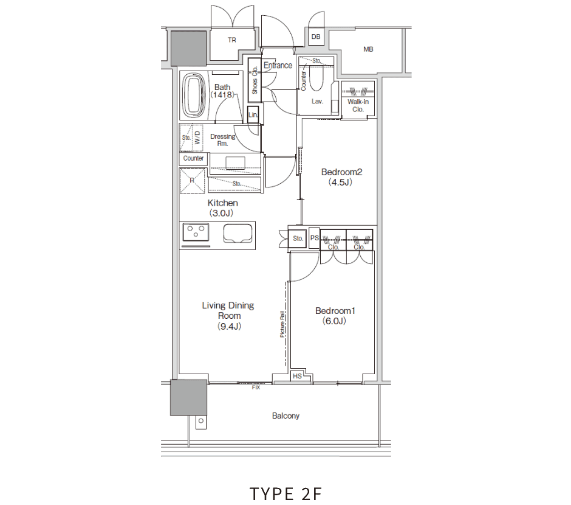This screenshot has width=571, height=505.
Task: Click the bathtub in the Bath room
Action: [194, 95]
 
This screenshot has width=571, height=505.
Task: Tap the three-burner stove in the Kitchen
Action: [196, 232]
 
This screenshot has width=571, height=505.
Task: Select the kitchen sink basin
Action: [238, 233]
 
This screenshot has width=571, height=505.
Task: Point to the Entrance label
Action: [278, 65]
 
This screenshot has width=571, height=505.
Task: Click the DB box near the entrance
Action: [316, 37]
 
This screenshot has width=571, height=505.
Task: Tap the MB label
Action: [368, 49]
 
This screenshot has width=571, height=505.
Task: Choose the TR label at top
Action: [232, 40]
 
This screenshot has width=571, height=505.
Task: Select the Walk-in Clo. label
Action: [358, 105]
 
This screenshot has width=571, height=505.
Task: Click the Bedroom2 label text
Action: [341, 172]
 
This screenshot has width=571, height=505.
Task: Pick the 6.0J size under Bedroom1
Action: [334, 321]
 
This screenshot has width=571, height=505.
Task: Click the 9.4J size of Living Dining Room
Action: [229, 326]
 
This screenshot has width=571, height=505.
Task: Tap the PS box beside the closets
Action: [314, 238]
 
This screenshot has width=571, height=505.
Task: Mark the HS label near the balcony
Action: [297, 376]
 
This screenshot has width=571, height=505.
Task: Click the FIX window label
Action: [256, 387]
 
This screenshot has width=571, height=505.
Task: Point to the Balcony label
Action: [285, 416]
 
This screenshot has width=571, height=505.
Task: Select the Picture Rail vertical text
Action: [282, 324]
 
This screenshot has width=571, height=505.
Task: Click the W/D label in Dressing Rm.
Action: [197, 138]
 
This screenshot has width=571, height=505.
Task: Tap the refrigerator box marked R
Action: [193, 180]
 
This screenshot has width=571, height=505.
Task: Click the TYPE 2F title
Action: [286, 493]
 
